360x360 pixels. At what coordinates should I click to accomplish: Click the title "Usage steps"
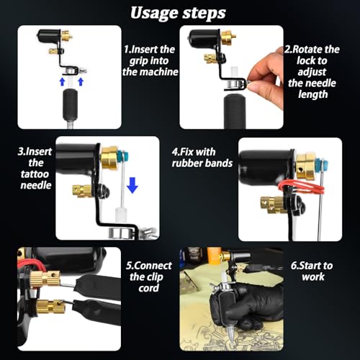[178, 13]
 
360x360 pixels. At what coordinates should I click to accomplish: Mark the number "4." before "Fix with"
[175, 152]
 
